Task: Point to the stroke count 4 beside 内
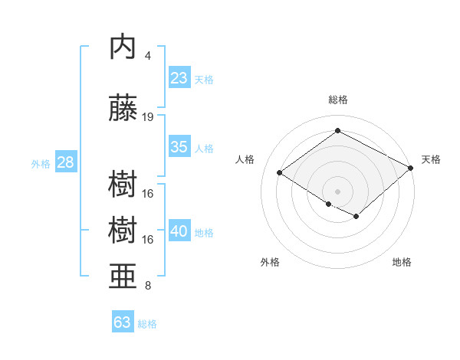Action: pyautogui.click(x=148, y=55)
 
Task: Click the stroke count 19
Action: pyautogui.click(x=149, y=116)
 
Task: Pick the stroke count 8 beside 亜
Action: pyautogui.click(x=148, y=286)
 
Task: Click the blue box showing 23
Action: pyautogui.click(x=179, y=77)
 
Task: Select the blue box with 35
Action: pyautogui.click(x=179, y=147)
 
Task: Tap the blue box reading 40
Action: pyautogui.click(x=179, y=232)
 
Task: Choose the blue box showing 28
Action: pyautogui.click(x=65, y=162)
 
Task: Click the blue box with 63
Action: pyautogui.click(x=122, y=322)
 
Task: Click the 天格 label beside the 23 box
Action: pyautogui.click(x=204, y=79)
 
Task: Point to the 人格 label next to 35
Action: pyautogui.click(x=204, y=149)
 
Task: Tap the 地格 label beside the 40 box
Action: pyautogui.click(x=204, y=233)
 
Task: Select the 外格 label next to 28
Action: pyautogui.click(x=40, y=164)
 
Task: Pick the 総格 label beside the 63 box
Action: pyautogui.click(x=147, y=324)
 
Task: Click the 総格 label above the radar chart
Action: pyautogui.click(x=337, y=100)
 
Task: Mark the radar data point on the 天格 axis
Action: pyautogui.click(x=411, y=168)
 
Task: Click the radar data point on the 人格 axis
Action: pyautogui.click(x=280, y=173)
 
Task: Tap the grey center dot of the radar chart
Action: pyautogui.click(x=337, y=191)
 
